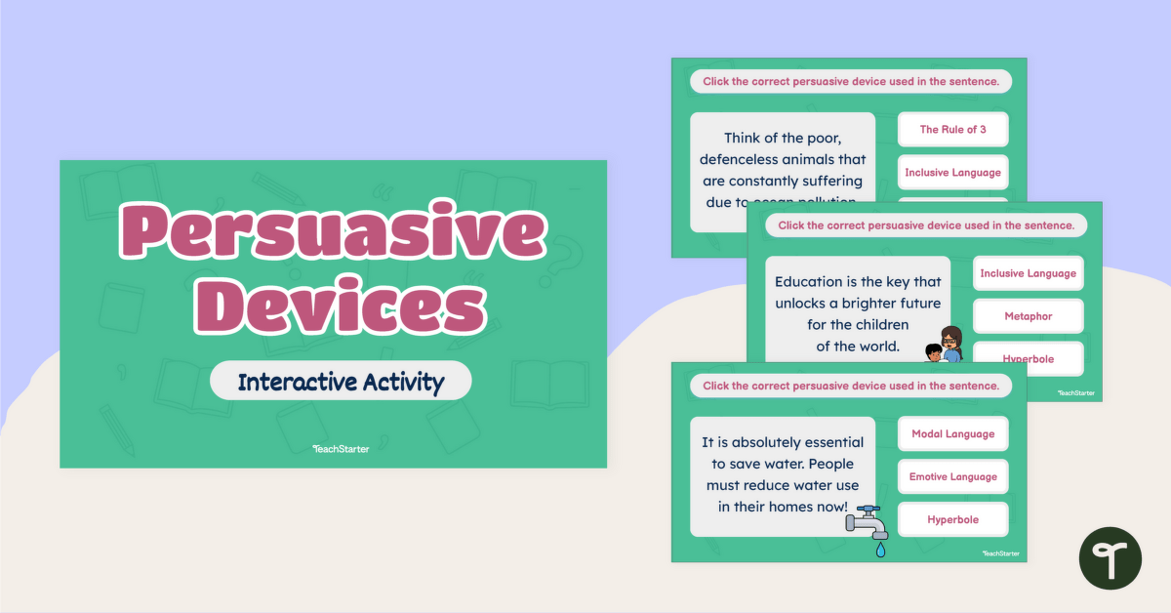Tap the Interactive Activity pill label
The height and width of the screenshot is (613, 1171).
pos(341,381)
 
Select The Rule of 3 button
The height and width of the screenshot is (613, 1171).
pos(952,130)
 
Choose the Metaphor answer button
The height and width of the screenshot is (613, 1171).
pos(1028,316)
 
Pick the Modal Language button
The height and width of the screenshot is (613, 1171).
pos(952,434)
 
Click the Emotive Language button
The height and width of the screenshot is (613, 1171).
pos(952,477)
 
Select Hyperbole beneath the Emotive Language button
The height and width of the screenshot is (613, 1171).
pos(952,520)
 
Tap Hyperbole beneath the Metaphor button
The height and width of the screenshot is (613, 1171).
pos(1028,359)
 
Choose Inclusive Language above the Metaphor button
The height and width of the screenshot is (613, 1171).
pos(1028,273)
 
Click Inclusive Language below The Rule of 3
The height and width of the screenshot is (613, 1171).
pos(952,173)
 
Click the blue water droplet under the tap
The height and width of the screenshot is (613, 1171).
pos(881,551)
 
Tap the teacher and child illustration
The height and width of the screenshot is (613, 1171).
pos(944,346)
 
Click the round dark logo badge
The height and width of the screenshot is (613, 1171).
pos(1110,557)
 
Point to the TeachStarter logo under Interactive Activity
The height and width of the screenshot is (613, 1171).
pos(341,449)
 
